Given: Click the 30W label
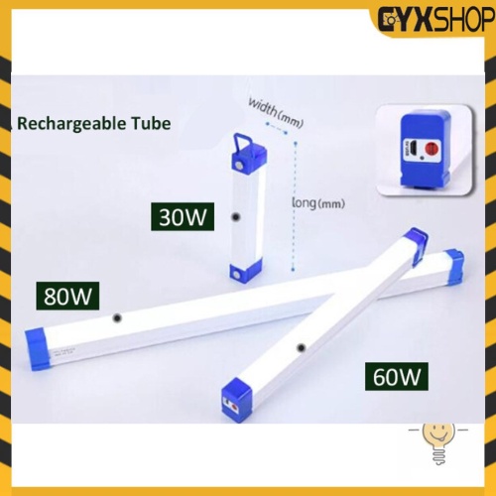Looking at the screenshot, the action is coord(183,217).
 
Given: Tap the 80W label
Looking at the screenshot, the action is coord(67,296).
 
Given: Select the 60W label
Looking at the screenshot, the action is coord(397,376).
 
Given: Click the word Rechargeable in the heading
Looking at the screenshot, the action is coord(71,124).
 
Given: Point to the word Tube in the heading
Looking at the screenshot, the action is coord(151,123).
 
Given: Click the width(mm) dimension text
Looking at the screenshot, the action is coord(276,112).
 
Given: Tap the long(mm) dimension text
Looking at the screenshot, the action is coord(318,202).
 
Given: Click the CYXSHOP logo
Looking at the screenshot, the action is coord(436,21).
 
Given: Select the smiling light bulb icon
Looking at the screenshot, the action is coord(438,443).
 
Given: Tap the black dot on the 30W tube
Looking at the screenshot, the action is coord(235,217).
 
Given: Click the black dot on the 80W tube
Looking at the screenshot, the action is coord(117,318).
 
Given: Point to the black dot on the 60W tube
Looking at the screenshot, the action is coord(301,347).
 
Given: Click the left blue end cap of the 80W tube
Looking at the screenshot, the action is coord(39,348).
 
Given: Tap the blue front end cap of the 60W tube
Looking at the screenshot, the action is coord(236,400).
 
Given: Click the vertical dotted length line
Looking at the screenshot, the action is coord(294,206).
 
